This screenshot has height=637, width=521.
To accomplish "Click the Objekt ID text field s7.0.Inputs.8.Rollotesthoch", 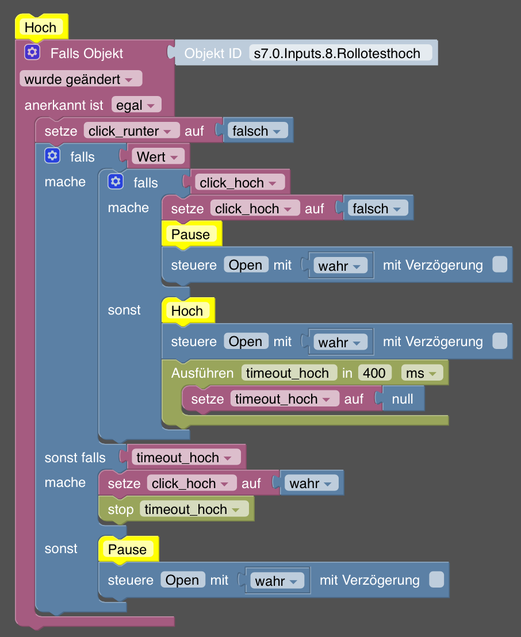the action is tap(340, 53).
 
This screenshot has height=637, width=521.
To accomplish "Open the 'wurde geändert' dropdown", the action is tap(81, 79).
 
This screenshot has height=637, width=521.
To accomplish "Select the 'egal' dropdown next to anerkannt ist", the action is tap(136, 105).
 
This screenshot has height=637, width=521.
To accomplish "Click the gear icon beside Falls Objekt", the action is tap(32, 52).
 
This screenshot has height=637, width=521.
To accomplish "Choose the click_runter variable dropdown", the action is tap(132, 131).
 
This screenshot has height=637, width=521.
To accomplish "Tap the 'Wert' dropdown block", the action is tap(158, 156).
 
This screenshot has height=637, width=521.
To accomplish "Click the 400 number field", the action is tap(375, 373).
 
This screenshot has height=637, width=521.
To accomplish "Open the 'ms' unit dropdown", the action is tap(422, 373).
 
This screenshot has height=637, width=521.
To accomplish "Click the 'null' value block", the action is tap(403, 398).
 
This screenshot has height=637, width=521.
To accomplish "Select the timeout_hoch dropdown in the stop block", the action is tap(194, 509).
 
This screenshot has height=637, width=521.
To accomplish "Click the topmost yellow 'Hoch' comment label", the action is tap(41, 28).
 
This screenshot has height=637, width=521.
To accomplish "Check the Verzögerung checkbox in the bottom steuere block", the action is tap(436, 580).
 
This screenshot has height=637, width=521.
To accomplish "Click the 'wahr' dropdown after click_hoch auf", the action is tap(311, 483).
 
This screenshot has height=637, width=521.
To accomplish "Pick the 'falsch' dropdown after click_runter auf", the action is tap(257, 131).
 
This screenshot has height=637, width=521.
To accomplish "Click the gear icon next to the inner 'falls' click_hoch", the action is tap(116, 182).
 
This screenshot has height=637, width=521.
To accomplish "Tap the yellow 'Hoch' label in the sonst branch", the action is tap(187, 311).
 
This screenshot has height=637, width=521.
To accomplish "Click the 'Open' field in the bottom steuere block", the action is tap(182, 580).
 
